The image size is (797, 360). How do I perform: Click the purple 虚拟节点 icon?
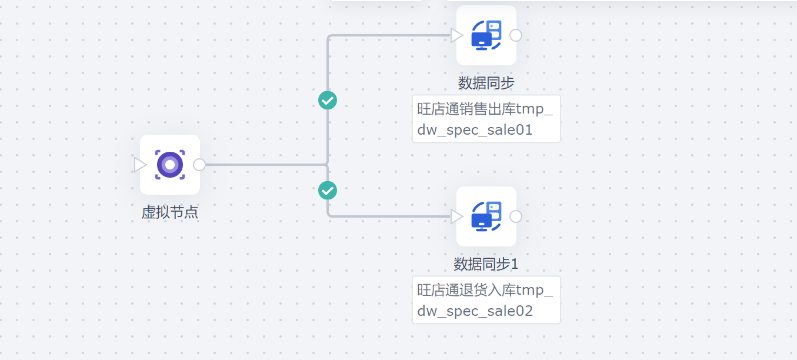coord(170,165)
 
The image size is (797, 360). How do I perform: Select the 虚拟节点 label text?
coord(170,212)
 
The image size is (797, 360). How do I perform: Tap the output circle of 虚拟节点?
coord(199,165)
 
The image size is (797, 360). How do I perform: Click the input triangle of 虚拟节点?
coord(140,165)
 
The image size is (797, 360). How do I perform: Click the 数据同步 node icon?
coord(486,35)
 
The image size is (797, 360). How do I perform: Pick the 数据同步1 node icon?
coord(486,216)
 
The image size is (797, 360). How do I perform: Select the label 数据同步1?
coord(486,264)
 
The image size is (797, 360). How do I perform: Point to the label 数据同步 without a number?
coord(486,83)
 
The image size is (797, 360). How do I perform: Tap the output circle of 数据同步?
coord(516,35)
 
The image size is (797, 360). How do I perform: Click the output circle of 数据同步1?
coord(516,216)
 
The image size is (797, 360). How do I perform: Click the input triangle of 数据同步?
coord(456,36)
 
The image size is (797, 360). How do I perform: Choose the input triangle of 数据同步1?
coord(456,217)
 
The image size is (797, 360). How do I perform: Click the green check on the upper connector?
coord(328,100)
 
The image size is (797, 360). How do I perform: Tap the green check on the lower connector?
coord(328,191)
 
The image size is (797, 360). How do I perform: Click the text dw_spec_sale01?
coord(475,130)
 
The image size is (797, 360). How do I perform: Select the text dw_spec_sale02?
coord(475,311)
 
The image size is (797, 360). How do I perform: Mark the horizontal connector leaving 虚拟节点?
coord(265,165)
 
